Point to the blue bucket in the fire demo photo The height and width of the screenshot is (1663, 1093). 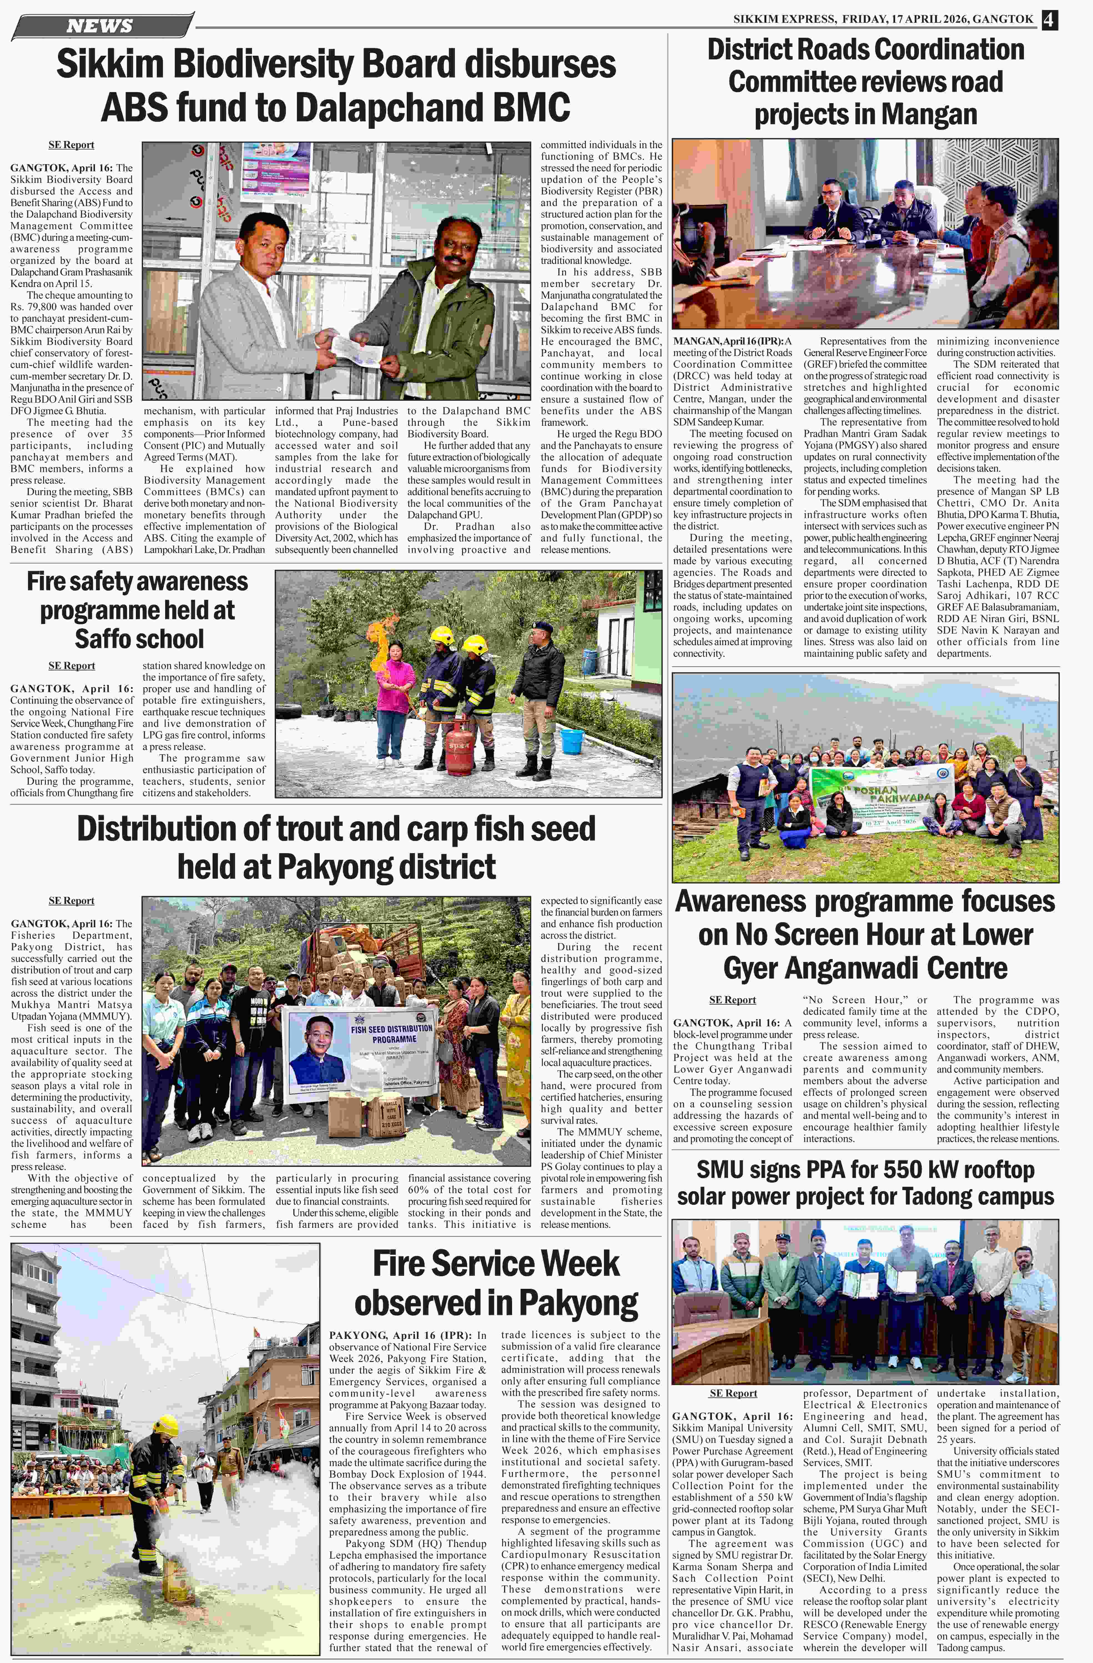(x=572, y=741)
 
